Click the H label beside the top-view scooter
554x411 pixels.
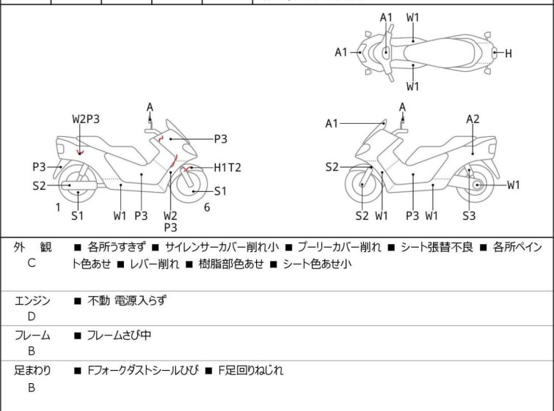[x=509, y=53]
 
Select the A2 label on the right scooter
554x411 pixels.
[x=473, y=119]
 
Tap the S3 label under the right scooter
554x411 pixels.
[x=469, y=215]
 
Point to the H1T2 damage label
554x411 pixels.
[x=227, y=168]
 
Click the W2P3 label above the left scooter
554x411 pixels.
[x=86, y=119]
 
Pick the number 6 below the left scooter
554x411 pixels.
[x=207, y=207]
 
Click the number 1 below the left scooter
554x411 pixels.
[x=58, y=207]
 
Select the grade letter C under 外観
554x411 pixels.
[x=31, y=262]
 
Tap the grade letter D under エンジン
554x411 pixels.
[x=31, y=316]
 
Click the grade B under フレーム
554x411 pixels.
[x=31, y=352]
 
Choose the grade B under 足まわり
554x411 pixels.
[x=31, y=388]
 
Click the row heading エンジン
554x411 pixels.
[x=32, y=300]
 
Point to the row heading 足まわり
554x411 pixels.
[x=32, y=371]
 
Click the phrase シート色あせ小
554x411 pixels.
[x=317, y=264]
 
